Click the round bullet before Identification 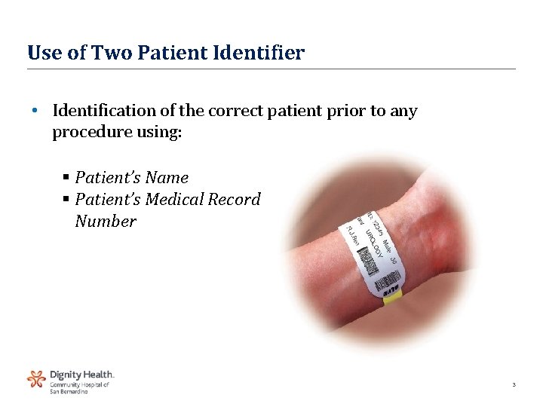(35, 112)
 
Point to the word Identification (104, 112)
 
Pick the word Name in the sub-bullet (167, 178)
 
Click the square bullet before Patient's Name (66, 179)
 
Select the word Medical (174, 200)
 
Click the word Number (106, 222)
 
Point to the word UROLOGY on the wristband (375, 246)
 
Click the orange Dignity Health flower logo (36, 378)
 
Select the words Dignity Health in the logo (81, 374)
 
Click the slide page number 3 (514, 385)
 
